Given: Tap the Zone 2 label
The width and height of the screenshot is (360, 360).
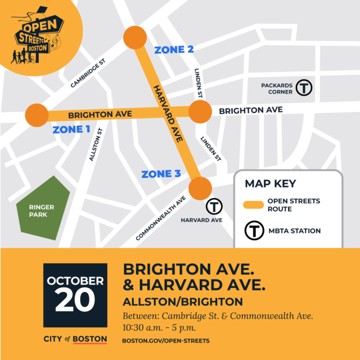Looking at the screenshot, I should point(174,49).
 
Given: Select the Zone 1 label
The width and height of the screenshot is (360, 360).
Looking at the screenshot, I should point(71,129).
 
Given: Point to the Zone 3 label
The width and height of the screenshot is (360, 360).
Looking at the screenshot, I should point(157,174).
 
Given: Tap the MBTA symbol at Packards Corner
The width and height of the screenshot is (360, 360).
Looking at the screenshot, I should point(304,87).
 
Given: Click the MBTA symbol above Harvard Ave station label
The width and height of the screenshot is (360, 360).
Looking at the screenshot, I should point(214,206).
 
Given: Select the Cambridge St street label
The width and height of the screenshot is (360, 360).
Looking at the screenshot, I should point(89,75).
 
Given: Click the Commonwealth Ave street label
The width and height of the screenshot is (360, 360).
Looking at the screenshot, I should point(161,219).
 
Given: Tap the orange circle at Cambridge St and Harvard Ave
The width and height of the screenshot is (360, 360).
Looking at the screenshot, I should point(134,38).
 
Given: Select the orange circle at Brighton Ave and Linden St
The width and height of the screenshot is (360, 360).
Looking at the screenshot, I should point(199,112).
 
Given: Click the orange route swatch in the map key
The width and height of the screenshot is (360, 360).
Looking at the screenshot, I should point(254,205).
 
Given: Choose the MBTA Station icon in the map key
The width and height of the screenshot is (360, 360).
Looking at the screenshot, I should point(254,231).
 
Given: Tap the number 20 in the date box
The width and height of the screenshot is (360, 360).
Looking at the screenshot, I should point(75,300).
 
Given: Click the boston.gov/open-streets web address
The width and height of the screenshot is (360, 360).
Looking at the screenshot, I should point(166,341).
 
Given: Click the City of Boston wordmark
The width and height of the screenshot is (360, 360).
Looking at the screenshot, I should point(75,339).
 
